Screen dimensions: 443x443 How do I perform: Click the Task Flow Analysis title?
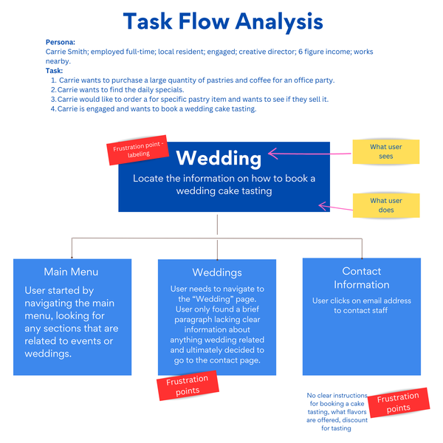[222, 21]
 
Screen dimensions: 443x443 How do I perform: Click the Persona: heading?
[60, 44]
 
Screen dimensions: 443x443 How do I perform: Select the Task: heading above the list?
[54, 70]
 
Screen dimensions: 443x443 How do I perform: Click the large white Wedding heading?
[219, 158]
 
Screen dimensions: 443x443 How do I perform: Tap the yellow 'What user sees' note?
[385, 151]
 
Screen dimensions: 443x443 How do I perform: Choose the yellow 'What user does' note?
[385, 205]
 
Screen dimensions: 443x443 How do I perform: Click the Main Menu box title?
[71, 272]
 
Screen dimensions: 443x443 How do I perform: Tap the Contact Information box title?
[361, 278]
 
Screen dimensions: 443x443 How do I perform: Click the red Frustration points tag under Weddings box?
[188, 385]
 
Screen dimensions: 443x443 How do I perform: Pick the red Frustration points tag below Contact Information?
[398, 402]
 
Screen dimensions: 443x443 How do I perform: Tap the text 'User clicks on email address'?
[361, 301]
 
